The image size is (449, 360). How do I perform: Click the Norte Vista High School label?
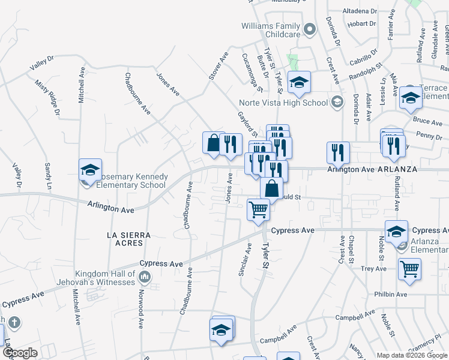[283, 103]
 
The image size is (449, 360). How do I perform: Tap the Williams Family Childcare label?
[270, 31]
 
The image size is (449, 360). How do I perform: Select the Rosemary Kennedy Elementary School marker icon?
[89, 170]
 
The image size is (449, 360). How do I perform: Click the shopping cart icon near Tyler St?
[258, 210]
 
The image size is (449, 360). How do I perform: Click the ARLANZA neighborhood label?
[397, 169]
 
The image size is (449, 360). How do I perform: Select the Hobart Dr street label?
[362, 23]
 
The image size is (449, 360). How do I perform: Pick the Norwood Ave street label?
[140, 311]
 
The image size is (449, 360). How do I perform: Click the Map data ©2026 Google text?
[411, 355]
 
